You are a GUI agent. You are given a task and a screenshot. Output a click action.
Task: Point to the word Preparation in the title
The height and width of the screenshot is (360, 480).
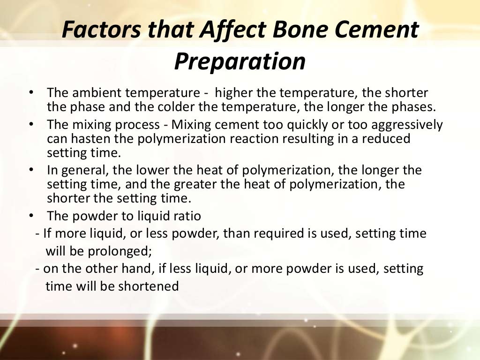(x=240, y=61)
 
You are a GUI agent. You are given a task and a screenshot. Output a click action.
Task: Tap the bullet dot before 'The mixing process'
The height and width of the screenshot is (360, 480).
(x=31, y=124)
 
